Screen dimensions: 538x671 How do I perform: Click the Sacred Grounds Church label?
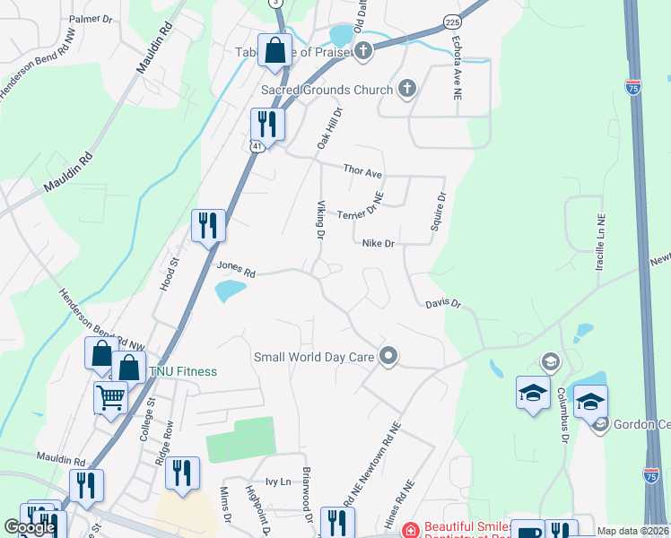(x=327, y=90)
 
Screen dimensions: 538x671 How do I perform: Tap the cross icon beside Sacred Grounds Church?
(x=406, y=88)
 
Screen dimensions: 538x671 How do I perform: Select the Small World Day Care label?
(x=314, y=357)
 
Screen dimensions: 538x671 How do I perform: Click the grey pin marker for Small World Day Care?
(x=388, y=356)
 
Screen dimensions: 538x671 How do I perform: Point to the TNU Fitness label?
(x=183, y=371)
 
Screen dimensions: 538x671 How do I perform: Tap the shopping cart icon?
(x=110, y=396)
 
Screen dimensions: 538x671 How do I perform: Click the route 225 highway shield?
(x=452, y=19)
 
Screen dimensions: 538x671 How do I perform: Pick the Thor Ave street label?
(x=363, y=170)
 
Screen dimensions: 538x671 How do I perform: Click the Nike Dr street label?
(x=379, y=243)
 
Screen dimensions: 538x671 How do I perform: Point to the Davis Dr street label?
(x=442, y=305)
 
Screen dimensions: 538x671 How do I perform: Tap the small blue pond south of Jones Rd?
(x=231, y=290)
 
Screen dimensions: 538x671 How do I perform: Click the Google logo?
(x=30, y=527)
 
